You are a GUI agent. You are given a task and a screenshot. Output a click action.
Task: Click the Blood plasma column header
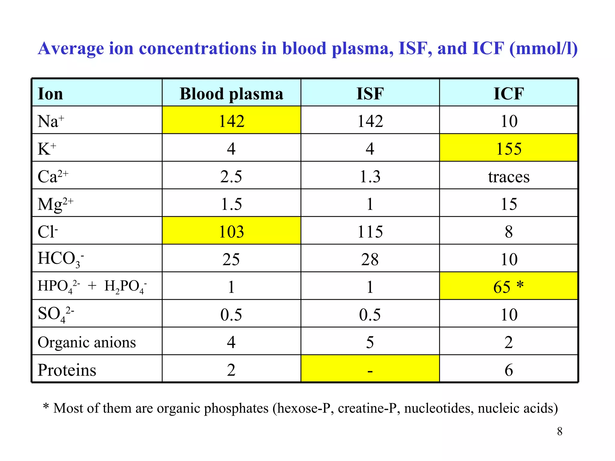click(x=231, y=94)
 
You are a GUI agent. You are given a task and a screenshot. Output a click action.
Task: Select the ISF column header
click(x=370, y=94)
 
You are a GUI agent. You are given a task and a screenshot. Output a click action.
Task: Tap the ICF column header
click(x=509, y=94)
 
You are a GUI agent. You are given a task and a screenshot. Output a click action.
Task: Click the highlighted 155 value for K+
click(x=509, y=149)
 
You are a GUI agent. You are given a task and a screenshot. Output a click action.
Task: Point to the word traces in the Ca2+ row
click(x=509, y=176)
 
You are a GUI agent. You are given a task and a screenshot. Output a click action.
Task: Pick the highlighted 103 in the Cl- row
click(x=231, y=232)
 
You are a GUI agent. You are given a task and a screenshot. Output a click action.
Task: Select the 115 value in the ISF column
click(x=370, y=232)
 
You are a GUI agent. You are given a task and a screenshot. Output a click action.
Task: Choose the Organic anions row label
click(x=86, y=342)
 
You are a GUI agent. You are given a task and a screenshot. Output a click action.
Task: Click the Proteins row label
click(x=67, y=370)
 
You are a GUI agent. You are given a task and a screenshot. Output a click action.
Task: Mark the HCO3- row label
click(x=60, y=259)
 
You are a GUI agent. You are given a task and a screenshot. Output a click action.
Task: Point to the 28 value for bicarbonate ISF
click(x=370, y=259)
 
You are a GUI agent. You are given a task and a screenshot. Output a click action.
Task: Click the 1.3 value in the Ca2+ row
click(x=370, y=176)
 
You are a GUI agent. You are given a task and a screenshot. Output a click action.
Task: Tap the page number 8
click(x=559, y=431)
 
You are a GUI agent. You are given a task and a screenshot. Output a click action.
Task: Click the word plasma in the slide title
click(x=362, y=49)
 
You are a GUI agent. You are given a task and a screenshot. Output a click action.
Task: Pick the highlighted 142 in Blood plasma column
click(x=231, y=121)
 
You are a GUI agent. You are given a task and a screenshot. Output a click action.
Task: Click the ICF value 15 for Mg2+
click(x=509, y=204)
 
